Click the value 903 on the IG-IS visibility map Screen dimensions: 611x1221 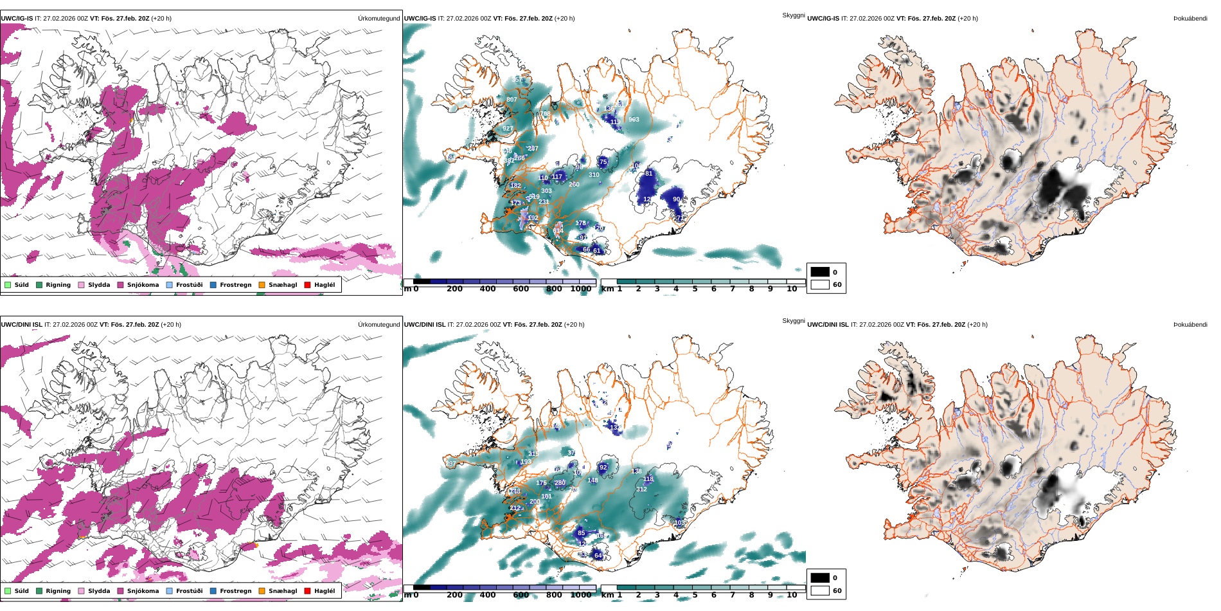click(634, 120)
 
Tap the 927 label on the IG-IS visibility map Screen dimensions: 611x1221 click(508, 129)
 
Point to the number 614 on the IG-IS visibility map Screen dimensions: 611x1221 click(558, 231)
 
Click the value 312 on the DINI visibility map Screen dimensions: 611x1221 click(641, 489)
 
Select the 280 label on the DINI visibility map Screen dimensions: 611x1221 click(560, 483)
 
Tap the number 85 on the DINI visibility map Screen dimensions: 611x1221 click(581, 533)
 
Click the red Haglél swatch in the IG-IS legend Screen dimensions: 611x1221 click(307, 285)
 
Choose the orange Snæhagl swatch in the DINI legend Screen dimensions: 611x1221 click(262, 591)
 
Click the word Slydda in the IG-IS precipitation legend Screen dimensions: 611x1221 click(99, 285)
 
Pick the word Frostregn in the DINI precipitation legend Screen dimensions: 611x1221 click(235, 591)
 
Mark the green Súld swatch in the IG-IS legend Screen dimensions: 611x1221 click(8, 285)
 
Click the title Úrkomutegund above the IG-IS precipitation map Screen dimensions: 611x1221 click(379, 19)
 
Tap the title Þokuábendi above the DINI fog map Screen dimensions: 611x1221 click(1190, 325)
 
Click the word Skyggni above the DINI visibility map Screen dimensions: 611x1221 click(793, 321)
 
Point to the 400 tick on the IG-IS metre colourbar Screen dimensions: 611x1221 click(488, 289)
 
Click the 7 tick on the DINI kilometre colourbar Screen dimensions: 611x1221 click(733, 595)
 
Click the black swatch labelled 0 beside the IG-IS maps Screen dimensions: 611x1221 click(820, 272)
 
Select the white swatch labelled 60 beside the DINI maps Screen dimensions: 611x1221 click(820, 590)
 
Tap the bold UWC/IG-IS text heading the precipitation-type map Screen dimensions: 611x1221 click(17, 19)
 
